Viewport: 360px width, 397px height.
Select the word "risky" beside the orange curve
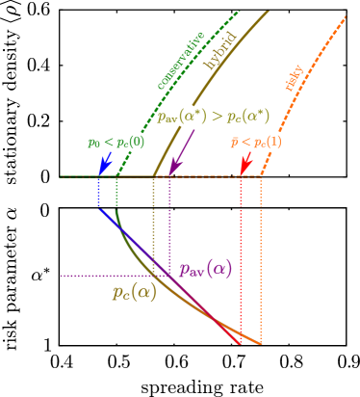click(x=295, y=77)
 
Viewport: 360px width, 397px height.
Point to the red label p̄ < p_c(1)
click(x=255, y=142)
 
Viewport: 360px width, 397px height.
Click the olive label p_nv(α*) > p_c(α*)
click(x=213, y=117)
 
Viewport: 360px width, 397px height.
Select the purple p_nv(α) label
click(x=205, y=268)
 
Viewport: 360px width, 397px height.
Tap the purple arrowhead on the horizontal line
click(x=173, y=170)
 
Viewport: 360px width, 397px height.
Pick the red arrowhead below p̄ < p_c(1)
click(x=244, y=170)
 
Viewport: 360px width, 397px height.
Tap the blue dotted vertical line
click(x=98, y=193)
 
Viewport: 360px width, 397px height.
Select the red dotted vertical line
click(x=241, y=260)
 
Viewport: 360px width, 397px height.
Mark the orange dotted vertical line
click(x=260, y=260)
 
